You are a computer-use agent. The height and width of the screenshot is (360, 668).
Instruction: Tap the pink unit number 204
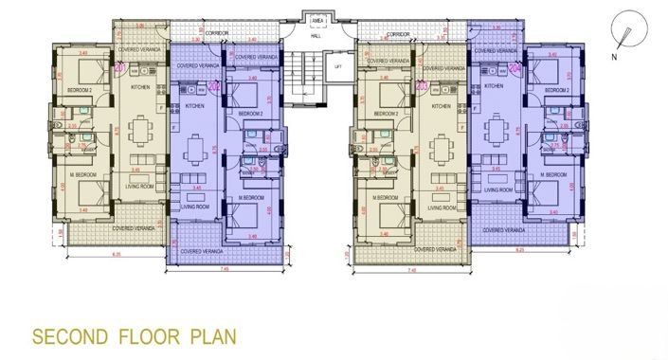coord(515,68)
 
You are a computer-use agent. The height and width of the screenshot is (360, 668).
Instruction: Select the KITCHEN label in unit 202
coord(194,106)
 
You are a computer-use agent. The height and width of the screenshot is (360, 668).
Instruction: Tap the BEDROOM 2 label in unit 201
coord(79,89)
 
